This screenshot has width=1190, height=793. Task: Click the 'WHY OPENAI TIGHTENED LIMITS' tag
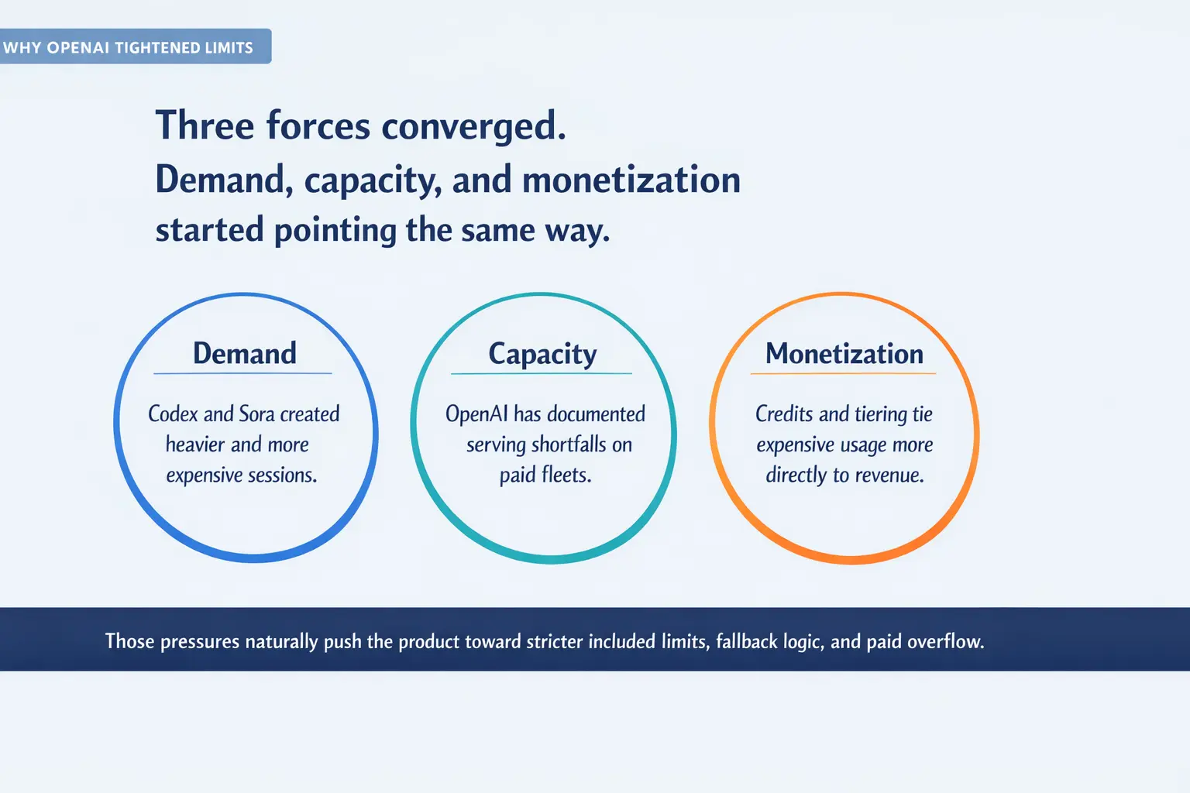129,47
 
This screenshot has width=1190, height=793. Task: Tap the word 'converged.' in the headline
473,125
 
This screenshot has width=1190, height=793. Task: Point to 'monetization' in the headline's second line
631,180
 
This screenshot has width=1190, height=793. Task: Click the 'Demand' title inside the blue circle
244,354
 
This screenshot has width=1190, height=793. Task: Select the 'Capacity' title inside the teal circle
542,355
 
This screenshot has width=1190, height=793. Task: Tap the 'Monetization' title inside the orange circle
844,354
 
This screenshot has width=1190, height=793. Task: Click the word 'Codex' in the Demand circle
173,414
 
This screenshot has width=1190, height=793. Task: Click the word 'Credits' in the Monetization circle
784,414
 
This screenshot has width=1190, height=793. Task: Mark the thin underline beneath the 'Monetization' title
843,373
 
